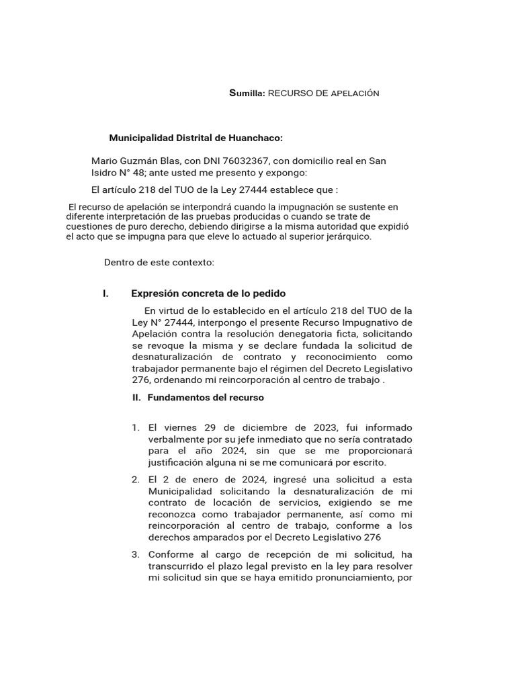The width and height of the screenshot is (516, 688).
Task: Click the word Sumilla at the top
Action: pos(247,93)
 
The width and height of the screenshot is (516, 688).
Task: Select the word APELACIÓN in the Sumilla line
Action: pos(355,93)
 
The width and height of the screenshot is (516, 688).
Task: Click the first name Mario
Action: pos(104,161)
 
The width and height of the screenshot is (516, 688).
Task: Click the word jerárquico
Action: pos(342,236)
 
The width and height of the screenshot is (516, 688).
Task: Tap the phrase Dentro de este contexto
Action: pos(159,262)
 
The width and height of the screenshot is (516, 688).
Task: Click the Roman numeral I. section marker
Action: pos(106,294)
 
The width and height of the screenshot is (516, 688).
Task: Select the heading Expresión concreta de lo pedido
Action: pos(208,294)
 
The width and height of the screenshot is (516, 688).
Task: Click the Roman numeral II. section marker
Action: pos(136,397)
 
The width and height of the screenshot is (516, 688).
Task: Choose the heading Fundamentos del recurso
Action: pos(206,397)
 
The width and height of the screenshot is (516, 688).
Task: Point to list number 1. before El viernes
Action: pos(135,428)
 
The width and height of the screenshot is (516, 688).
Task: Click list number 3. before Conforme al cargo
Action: pos(135,554)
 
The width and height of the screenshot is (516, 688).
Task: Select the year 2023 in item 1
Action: pos(327,428)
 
